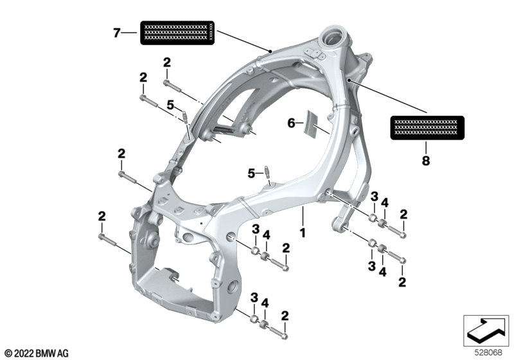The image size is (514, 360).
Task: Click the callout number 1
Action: pos(302,233)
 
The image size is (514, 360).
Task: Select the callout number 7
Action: pos(117,33)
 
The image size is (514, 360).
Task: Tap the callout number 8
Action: pos(425,161)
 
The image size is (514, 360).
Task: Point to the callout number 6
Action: pos(291,123)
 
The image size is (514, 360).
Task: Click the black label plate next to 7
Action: pos(177,33)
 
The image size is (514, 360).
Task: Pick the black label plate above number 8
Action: pos(427,127)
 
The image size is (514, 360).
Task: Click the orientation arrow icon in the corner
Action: pos(486,330)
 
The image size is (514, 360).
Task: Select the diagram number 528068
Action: pos(488,353)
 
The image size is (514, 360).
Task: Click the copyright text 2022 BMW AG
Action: pos(37,354)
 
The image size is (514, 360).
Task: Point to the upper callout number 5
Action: pos(170,105)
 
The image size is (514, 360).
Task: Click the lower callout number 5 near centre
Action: pos(251,174)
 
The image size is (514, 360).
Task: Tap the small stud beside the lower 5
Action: pos(267,172)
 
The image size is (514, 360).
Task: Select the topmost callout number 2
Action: pos(167,62)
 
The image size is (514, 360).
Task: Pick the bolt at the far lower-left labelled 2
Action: pos(107,240)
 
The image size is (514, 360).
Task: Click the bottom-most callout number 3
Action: pos(254,298)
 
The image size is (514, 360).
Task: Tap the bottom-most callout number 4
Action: pos(265,303)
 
